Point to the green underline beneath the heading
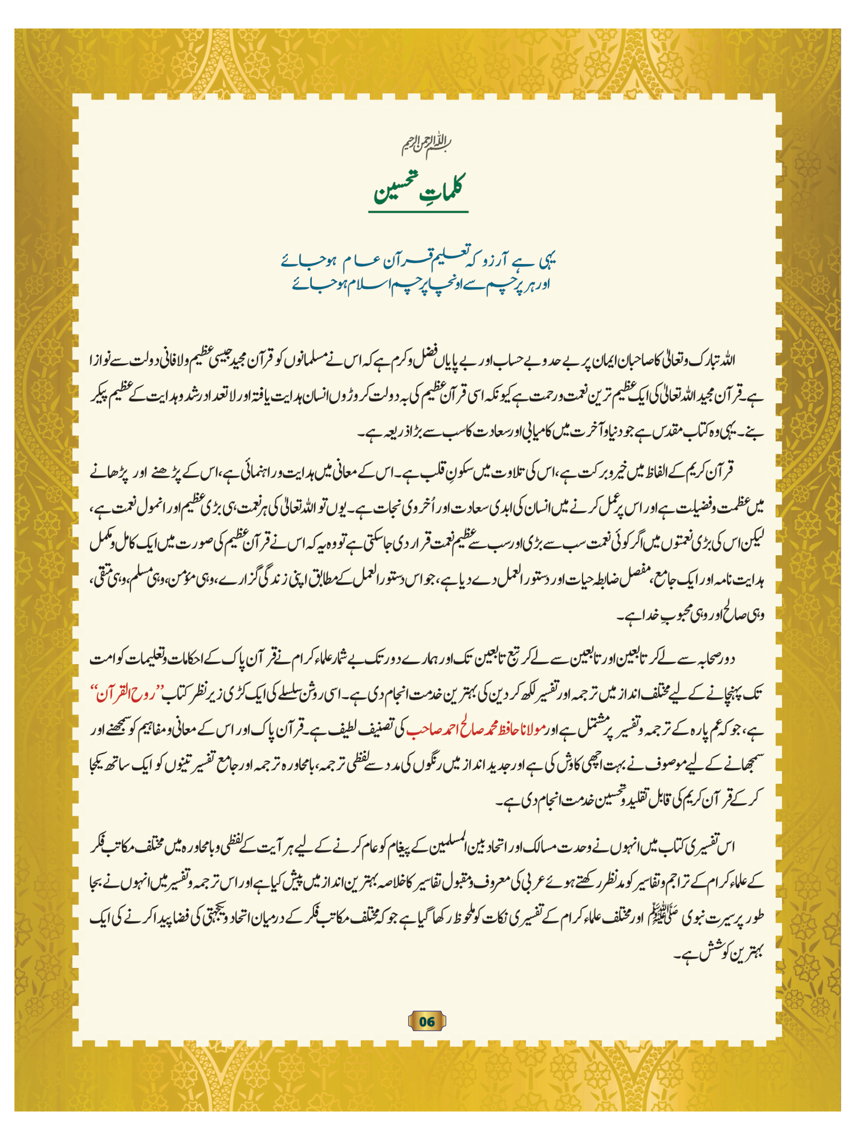(x=418, y=212)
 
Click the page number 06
(x=427, y=1021)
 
